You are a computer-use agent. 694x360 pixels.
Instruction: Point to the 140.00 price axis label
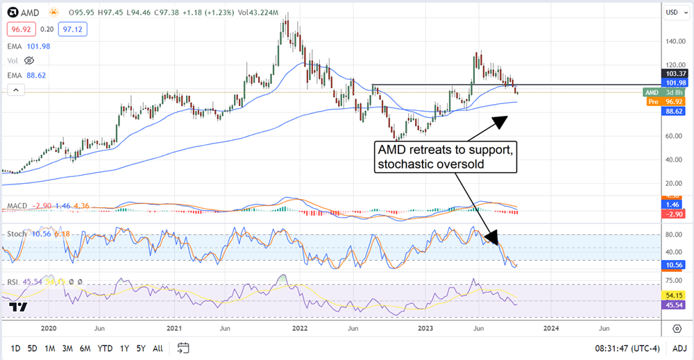pyautogui.click(x=671, y=42)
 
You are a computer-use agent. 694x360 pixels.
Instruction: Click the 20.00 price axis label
pyautogui.click(x=671, y=183)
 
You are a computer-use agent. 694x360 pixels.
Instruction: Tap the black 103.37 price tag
pyautogui.click(x=672, y=74)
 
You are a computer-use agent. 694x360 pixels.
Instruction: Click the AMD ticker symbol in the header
pyautogui.click(x=29, y=13)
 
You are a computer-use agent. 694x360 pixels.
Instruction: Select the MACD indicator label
pyautogui.click(x=17, y=207)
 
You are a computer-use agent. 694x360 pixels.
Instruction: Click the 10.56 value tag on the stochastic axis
pyautogui.click(x=672, y=264)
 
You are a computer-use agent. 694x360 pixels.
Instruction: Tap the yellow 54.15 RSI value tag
pyautogui.click(x=672, y=295)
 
